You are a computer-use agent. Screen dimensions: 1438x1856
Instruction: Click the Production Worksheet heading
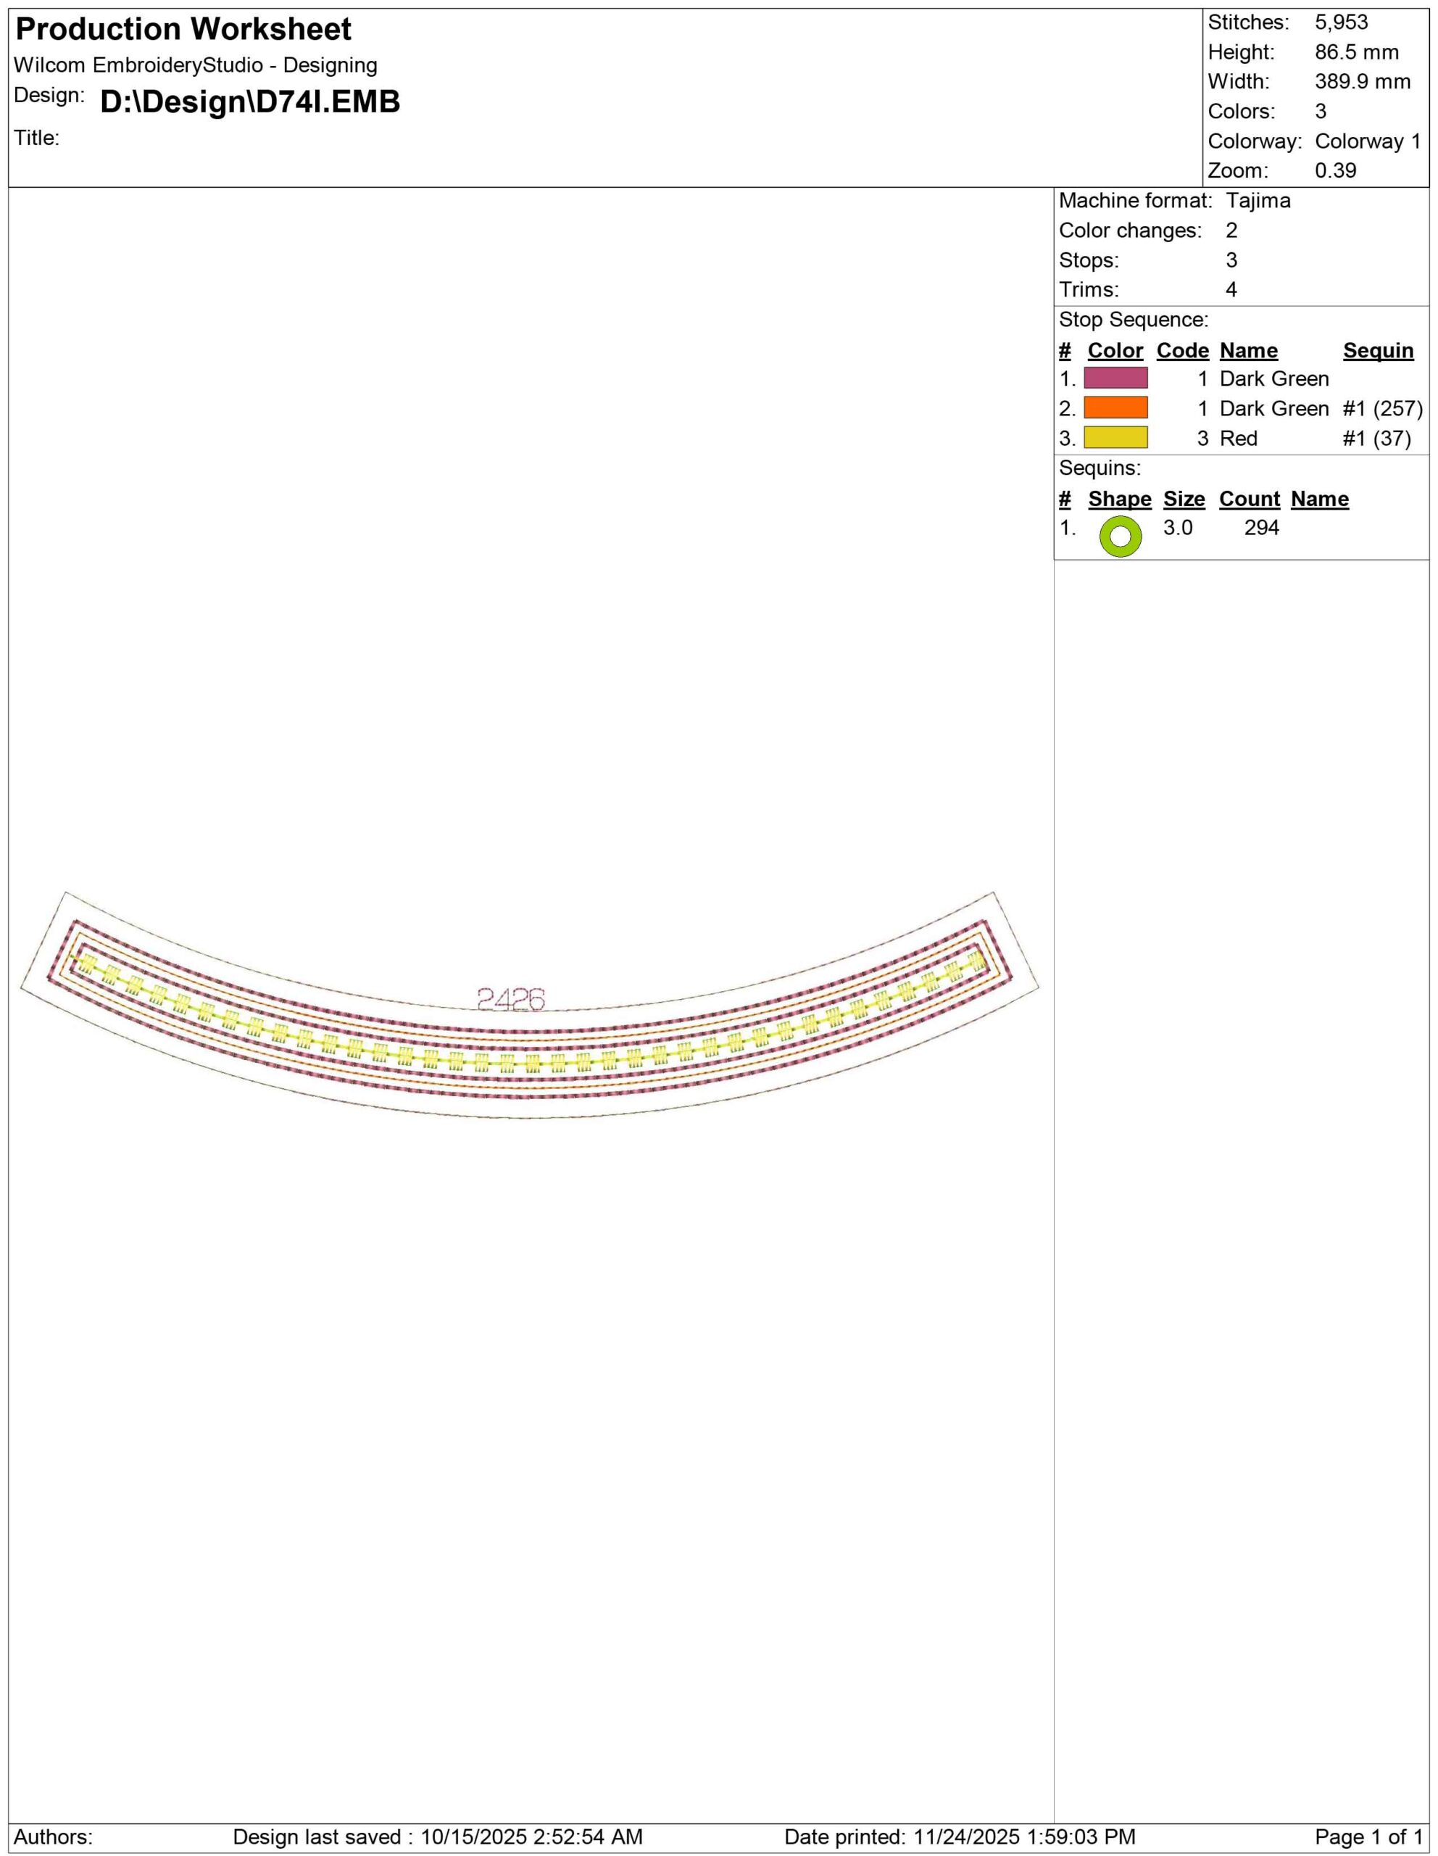(x=183, y=30)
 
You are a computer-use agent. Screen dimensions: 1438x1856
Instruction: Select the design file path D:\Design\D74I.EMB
(x=250, y=102)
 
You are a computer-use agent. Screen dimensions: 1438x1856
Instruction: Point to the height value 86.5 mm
(x=1356, y=53)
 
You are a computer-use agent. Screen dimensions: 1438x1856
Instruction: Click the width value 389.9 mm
(x=1363, y=83)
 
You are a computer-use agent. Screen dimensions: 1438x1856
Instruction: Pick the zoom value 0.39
(x=1335, y=171)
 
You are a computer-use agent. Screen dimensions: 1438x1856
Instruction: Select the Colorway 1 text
(x=1368, y=141)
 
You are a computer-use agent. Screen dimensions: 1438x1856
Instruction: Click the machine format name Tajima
(x=1258, y=202)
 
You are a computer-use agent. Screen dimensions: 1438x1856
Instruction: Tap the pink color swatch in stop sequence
(x=1115, y=378)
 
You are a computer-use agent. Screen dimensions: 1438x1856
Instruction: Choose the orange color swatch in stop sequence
(x=1115, y=408)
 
